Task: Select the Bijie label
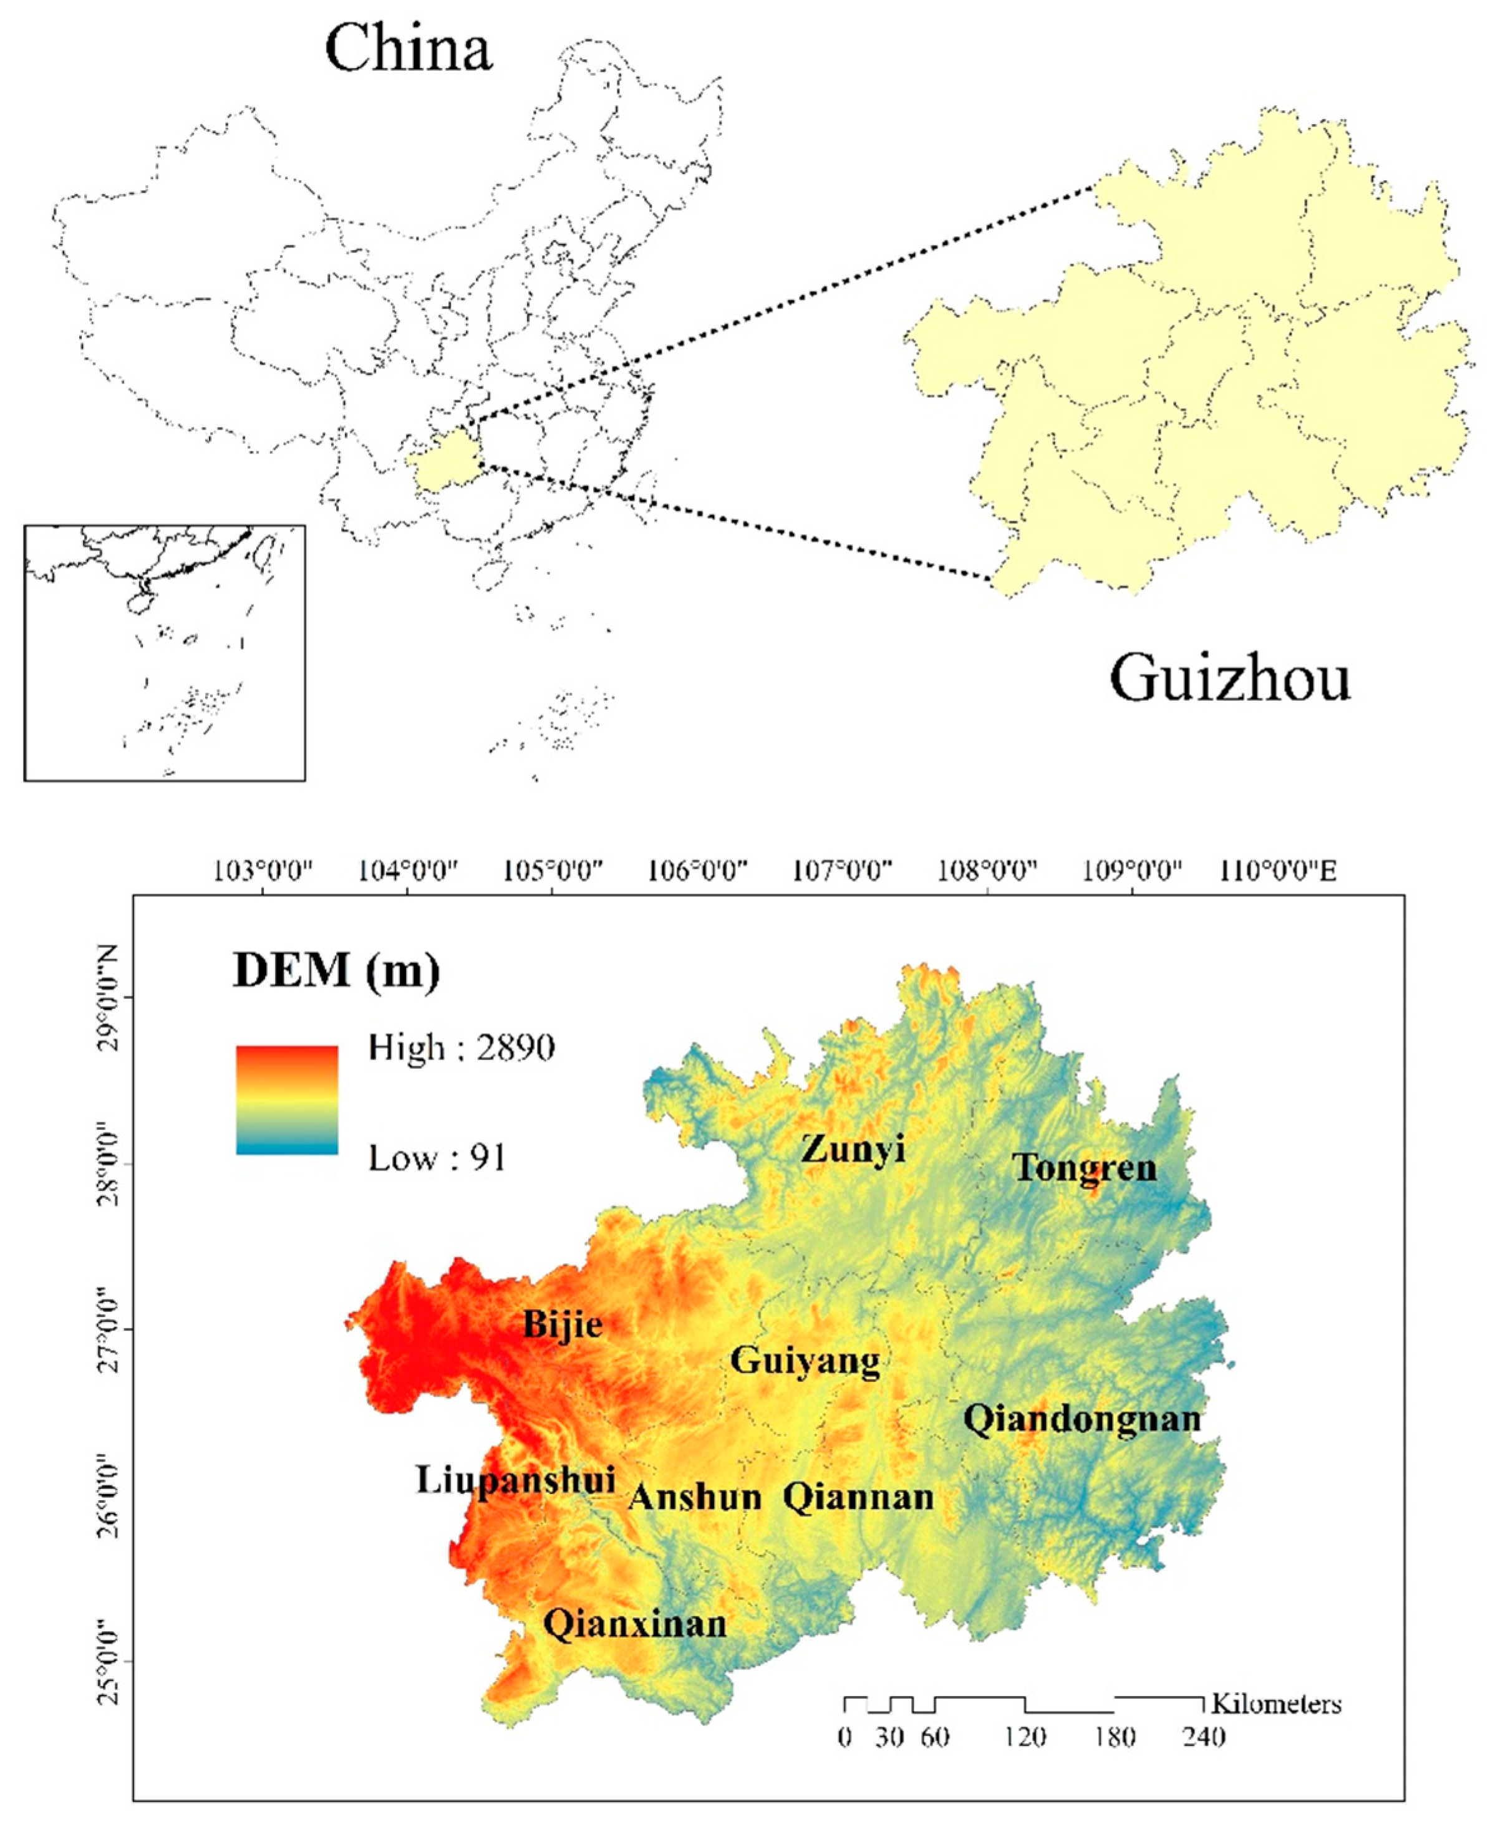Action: tap(563, 1324)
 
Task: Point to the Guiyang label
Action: tap(805, 1361)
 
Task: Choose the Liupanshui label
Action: tap(515, 1479)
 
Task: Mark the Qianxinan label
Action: tap(635, 1624)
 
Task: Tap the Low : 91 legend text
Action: tap(437, 1158)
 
